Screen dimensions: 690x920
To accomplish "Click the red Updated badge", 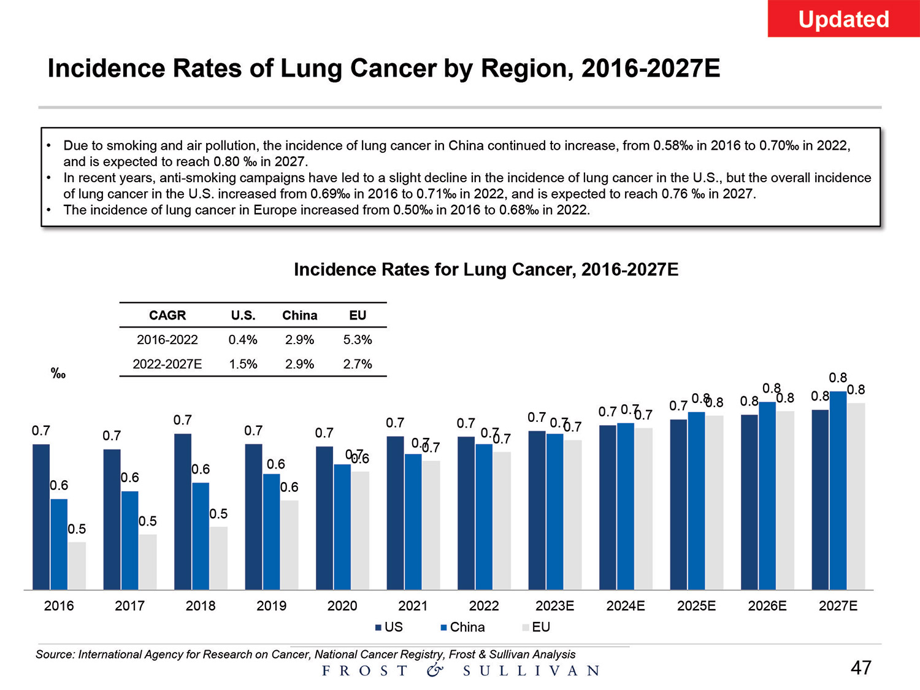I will tap(843, 19).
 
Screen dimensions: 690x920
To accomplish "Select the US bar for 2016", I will tap(41, 516).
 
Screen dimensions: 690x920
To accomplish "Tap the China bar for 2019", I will tap(272, 531).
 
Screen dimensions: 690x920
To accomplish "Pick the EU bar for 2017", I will tap(148, 562).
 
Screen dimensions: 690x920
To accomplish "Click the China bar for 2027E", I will tap(838, 490).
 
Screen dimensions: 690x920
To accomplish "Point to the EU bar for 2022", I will tap(502, 521).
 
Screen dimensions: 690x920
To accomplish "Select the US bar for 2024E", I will tap(608, 507).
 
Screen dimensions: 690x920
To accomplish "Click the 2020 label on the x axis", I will tap(342, 606).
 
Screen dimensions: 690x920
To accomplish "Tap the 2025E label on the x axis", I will tap(696, 606).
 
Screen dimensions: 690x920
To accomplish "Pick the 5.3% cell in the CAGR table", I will tap(358, 340).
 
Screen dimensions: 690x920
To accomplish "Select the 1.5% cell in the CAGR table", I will tap(243, 364).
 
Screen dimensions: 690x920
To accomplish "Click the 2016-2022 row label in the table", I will tap(167, 340).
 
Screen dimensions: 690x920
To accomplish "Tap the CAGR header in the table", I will tap(167, 315).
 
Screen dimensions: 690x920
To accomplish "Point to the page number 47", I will tap(861, 668).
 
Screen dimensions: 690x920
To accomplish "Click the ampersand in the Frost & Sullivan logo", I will tap(435, 670).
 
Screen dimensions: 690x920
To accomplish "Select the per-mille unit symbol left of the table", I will tap(58, 374).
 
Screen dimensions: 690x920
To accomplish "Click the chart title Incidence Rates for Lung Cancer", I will tap(486, 270).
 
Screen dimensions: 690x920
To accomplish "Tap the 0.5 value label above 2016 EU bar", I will tap(77, 529).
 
